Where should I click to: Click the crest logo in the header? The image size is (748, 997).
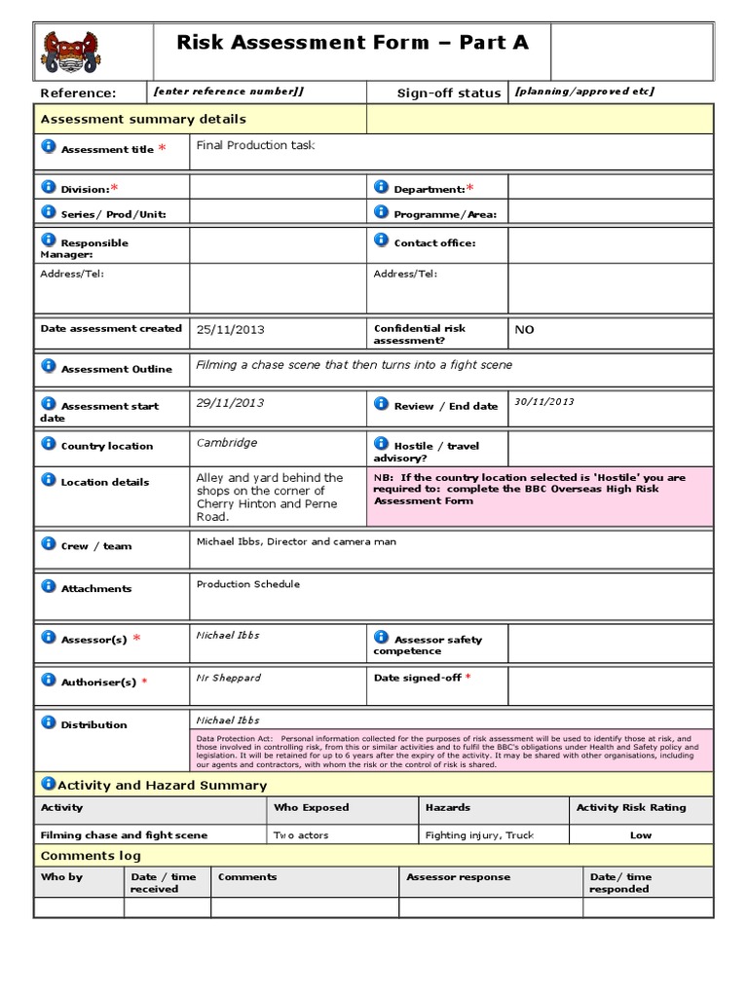(69, 51)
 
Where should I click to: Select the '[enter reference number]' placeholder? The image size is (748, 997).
(229, 92)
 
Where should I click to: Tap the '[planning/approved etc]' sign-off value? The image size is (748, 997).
(584, 92)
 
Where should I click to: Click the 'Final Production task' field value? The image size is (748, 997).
(255, 145)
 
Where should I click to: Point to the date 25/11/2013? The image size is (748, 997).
(229, 329)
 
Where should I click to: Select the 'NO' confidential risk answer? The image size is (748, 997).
(524, 330)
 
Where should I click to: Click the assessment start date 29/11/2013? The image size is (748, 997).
(230, 402)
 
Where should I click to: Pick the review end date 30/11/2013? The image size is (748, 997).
(544, 401)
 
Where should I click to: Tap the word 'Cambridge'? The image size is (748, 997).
(227, 443)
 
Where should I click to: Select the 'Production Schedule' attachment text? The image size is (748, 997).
(248, 584)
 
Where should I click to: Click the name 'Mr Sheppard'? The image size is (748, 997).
(229, 678)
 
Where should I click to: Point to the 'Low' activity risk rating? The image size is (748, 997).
(641, 835)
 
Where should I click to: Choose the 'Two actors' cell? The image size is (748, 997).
(301, 835)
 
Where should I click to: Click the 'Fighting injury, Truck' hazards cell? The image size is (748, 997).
(479, 835)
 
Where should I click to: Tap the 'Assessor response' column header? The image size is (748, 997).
(458, 877)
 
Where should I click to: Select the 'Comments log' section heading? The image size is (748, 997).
(91, 856)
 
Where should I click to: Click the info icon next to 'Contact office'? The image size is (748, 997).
(381, 240)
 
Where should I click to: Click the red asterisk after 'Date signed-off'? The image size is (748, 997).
(468, 677)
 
